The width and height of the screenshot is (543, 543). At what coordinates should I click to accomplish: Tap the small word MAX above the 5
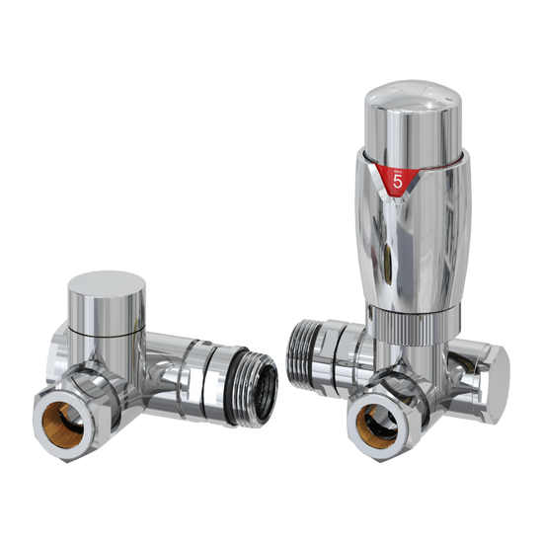(x=398, y=168)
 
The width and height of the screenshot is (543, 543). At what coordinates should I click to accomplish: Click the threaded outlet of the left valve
(x=247, y=375)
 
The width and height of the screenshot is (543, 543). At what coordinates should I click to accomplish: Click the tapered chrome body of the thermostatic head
(x=407, y=247)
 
